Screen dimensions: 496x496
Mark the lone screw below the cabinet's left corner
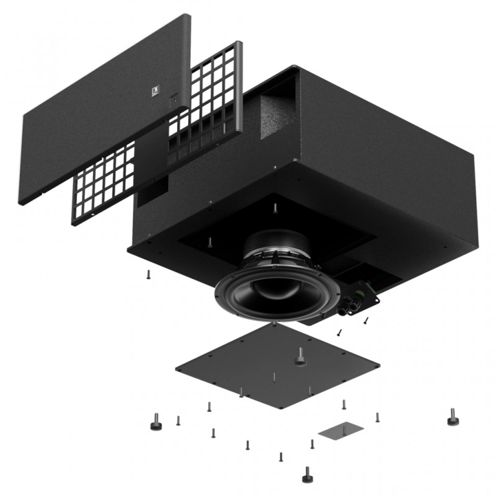click(x=148, y=274)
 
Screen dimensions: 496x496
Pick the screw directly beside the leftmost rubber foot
click(x=179, y=421)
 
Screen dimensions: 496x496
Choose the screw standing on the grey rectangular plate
click(x=312, y=444)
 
